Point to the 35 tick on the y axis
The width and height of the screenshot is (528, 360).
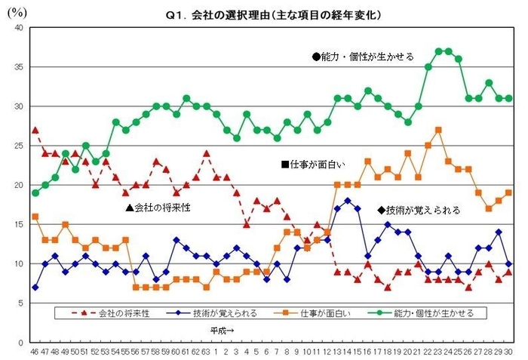coord(19,67)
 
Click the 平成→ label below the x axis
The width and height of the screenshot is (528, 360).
coord(223,330)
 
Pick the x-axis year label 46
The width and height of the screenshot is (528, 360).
coord(35,352)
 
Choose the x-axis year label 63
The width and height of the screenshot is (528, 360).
coord(205,352)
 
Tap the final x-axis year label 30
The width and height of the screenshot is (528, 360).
coord(509,352)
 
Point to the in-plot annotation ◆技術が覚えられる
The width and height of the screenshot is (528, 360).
coord(418,211)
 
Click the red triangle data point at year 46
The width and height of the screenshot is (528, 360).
coord(35,130)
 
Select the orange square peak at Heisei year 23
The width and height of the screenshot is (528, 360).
coord(438,130)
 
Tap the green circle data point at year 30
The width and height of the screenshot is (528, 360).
coord(509,98)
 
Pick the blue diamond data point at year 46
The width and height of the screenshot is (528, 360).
coord(35,288)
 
